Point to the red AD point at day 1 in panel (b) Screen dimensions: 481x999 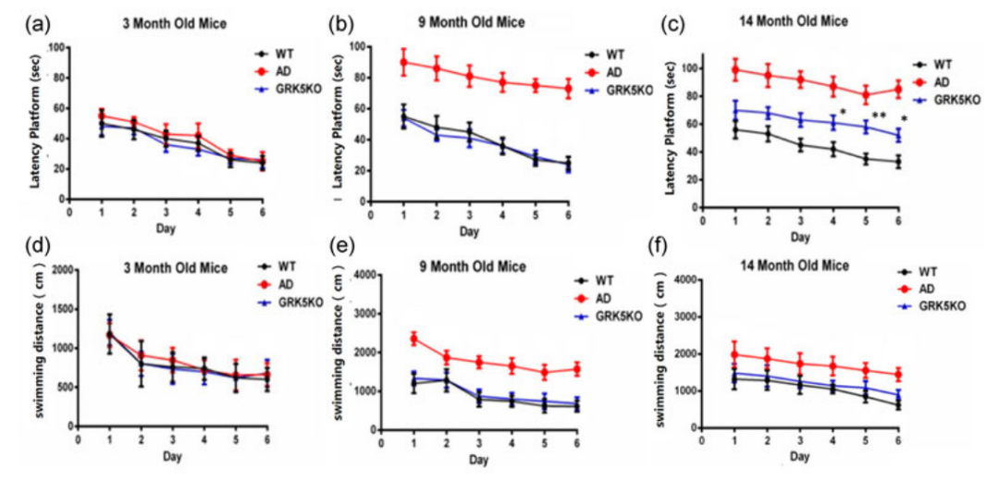click(403, 62)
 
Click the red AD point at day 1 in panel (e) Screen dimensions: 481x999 click(413, 339)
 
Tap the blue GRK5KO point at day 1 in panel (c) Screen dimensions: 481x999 click(735, 110)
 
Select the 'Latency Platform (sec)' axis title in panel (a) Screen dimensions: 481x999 click(33, 123)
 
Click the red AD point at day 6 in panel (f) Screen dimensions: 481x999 click(898, 375)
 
